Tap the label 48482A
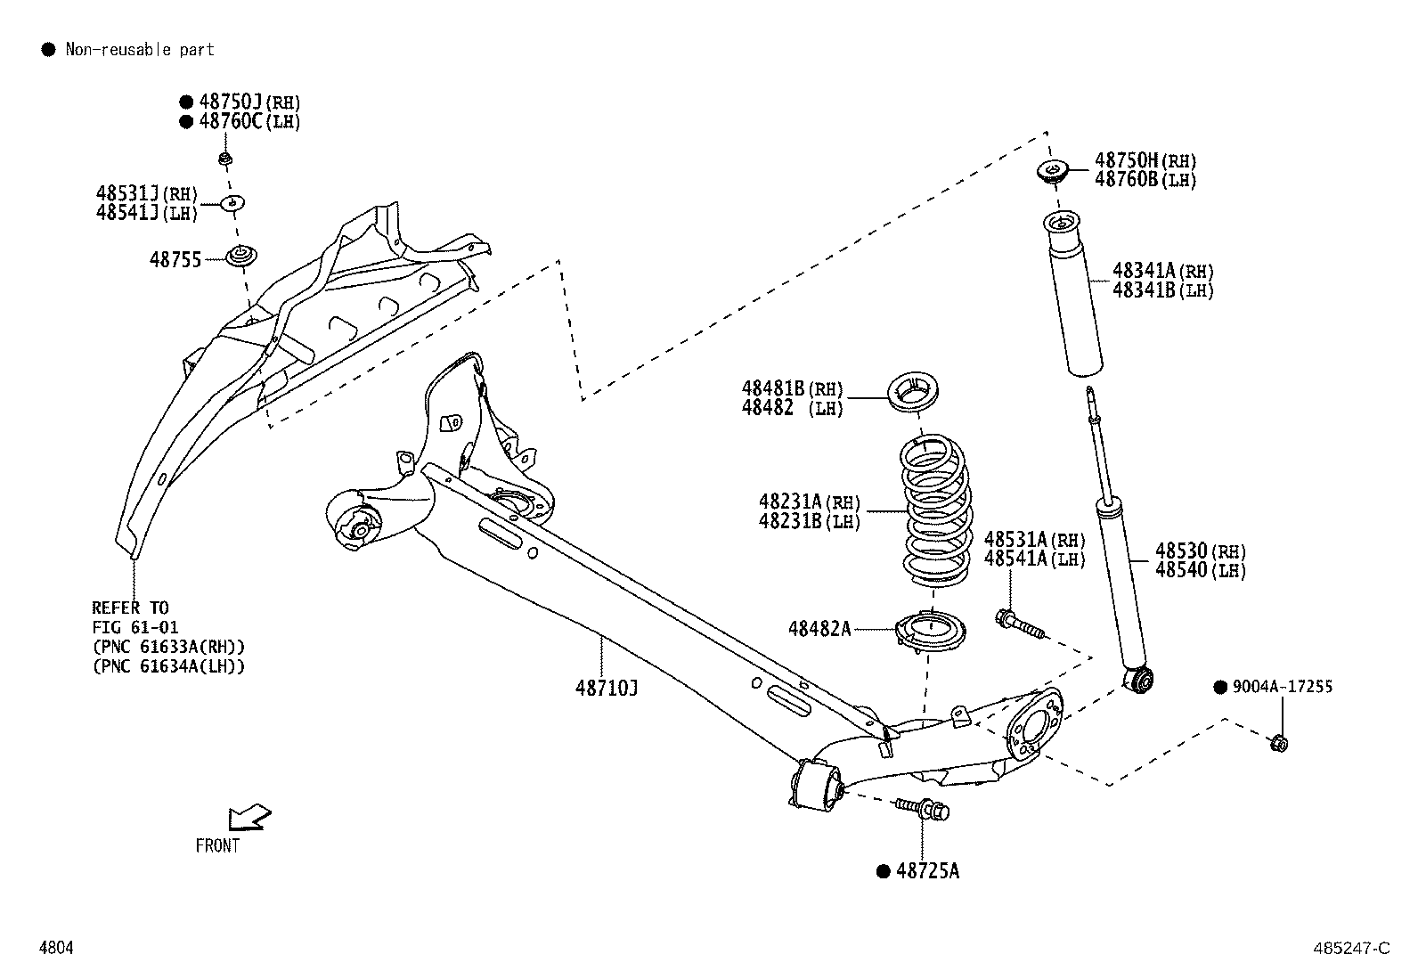[x=819, y=629]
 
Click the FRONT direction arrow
[x=249, y=817]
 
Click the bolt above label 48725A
[x=924, y=810]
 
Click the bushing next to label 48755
[x=238, y=256]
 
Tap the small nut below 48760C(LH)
[x=225, y=160]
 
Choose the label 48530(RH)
[x=1200, y=551]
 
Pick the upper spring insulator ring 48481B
[x=916, y=393]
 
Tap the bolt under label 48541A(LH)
[x=1019, y=623]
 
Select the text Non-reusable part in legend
[x=140, y=50]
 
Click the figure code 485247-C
[x=1349, y=948]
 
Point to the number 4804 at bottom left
[x=56, y=948]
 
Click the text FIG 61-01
[x=135, y=627]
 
